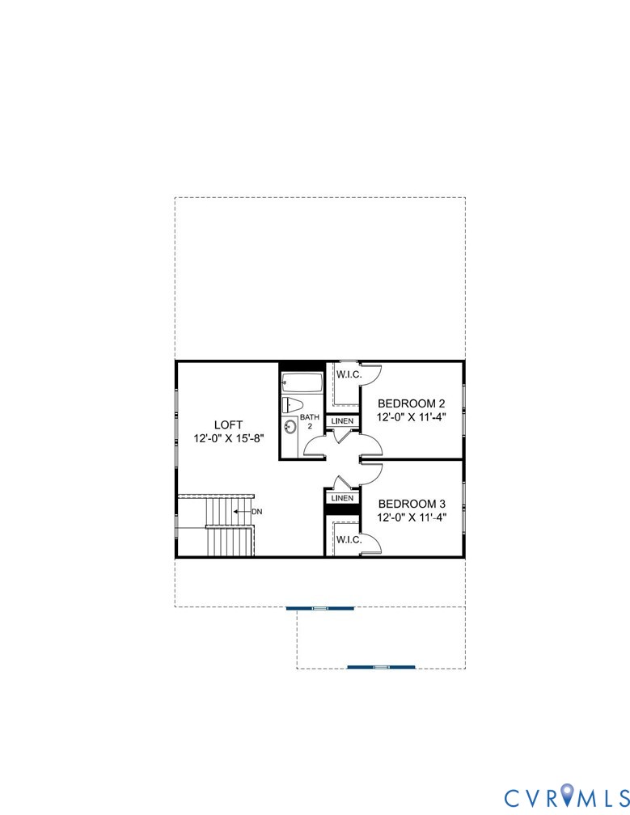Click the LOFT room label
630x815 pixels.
click(x=228, y=424)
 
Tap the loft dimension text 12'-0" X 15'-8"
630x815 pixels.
click(x=228, y=439)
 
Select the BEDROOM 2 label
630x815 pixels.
click(x=412, y=403)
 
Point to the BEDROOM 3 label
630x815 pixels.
click(x=412, y=504)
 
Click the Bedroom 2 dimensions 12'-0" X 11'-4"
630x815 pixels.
click(x=412, y=418)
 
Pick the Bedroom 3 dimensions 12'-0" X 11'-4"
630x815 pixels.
click(x=412, y=517)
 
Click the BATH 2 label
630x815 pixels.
click(x=310, y=422)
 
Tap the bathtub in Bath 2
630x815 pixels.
click(x=302, y=382)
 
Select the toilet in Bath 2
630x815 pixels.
click(x=292, y=405)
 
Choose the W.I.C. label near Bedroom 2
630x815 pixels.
click(x=348, y=374)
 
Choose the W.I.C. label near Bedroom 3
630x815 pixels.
click(x=348, y=539)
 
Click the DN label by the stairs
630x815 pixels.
click(x=257, y=512)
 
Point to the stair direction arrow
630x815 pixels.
click(x=240, y=512)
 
